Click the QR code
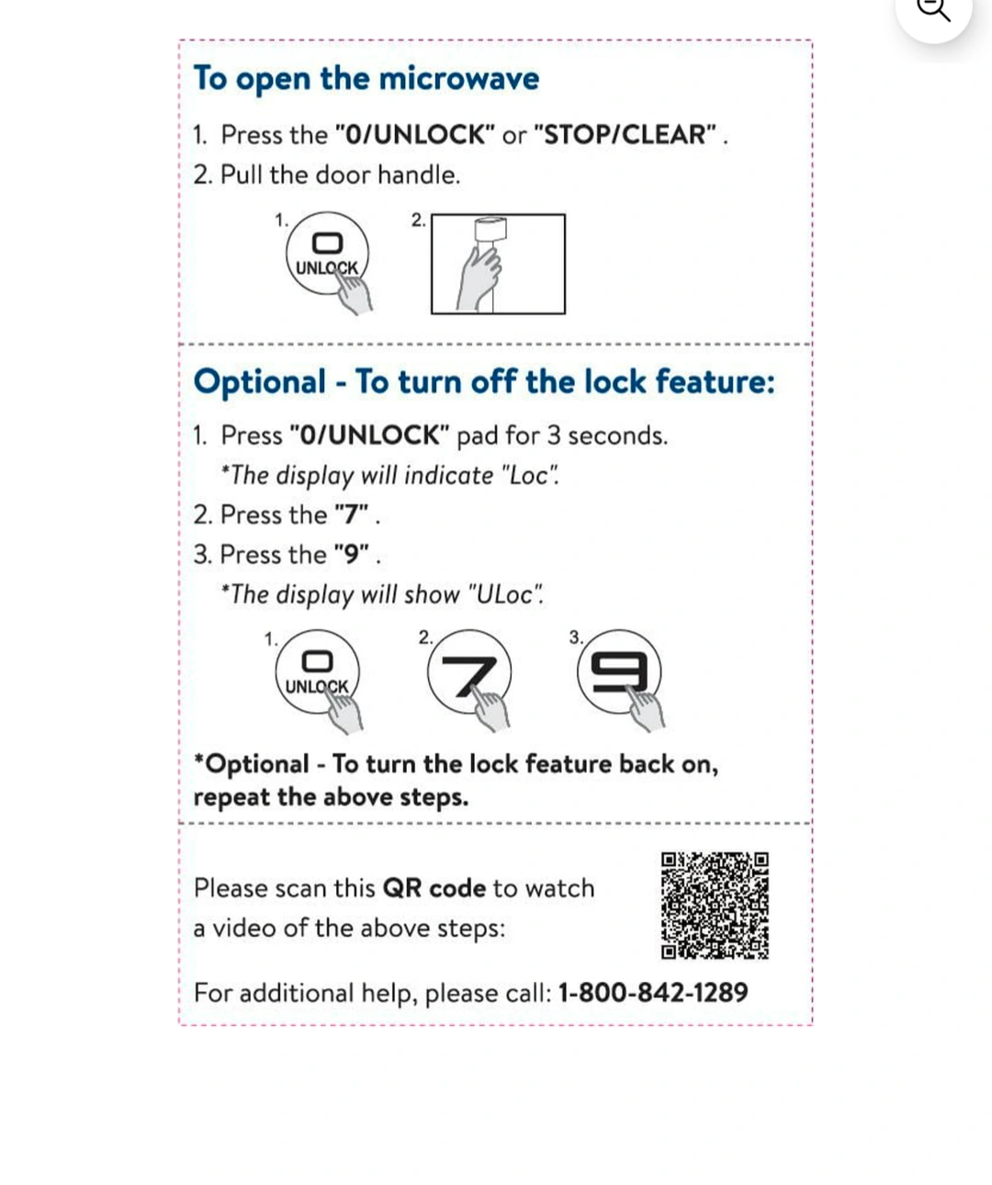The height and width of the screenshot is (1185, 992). pos(715,906)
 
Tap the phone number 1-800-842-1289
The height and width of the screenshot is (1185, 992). pos(653,992)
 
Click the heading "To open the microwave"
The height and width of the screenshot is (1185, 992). pos(366,79)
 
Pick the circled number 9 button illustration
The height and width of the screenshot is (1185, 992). pos(619,671)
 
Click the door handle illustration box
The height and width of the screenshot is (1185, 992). pos(498,265)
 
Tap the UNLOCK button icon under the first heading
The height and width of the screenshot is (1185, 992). pos(327,254)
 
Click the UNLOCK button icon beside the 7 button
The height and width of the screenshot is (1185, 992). pos(317,672)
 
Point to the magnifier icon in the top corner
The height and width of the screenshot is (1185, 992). pos(933,11)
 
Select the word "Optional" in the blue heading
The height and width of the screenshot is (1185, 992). pos(260,381)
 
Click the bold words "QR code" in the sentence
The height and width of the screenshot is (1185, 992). pos(434,888)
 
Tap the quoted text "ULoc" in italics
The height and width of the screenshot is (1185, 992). pos(505,595)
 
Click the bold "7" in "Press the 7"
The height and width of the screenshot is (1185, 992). pos(351,514)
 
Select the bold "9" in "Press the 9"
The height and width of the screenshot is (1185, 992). pos(351,555)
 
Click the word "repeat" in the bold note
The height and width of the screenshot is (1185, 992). pos(231,797)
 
